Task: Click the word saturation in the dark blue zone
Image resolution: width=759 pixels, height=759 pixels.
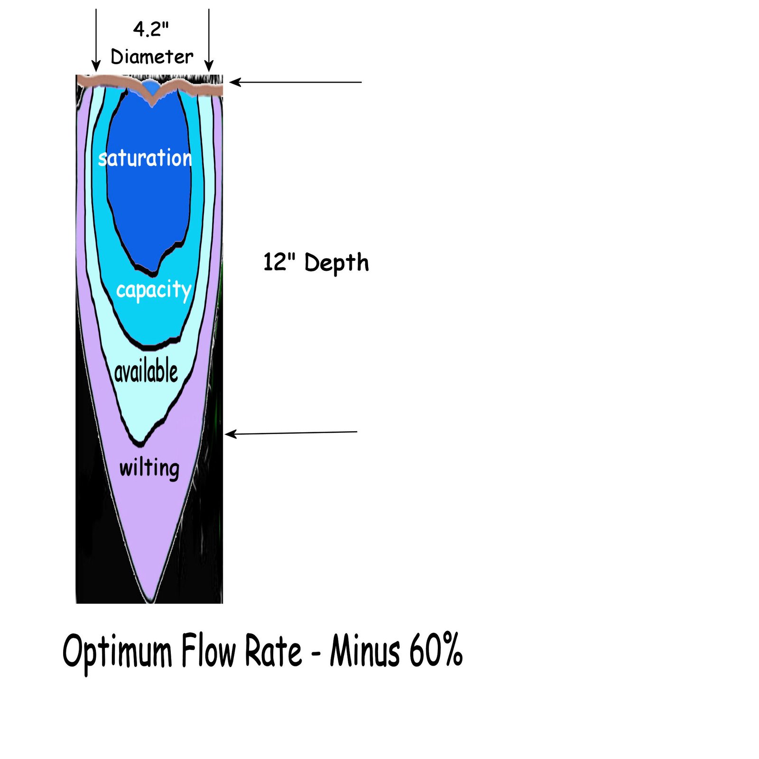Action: click(145, 158)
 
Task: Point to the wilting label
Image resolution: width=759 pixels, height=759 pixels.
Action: click(149, 469)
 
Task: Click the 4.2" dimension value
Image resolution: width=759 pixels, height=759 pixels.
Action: click(151, 29)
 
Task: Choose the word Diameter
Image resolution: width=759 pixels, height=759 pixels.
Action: click(152, 57)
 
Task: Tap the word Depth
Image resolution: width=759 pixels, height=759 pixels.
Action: click(336, 263)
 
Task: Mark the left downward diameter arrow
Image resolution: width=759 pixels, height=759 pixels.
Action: click(96, 40)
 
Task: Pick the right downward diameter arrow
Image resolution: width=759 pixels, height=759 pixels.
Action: click(209, 40)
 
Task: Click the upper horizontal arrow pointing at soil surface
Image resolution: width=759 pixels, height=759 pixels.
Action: click(296, 82)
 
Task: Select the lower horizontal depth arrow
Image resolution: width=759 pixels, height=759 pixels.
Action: click(291, 433)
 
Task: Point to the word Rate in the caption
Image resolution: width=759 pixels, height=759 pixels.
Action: click(273, 650)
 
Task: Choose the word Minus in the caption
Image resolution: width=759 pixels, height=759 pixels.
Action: click(365, 650)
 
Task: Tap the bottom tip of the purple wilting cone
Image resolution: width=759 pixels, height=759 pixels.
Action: click(150, 602)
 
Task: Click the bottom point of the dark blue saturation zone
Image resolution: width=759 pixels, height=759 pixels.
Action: click(153, 274)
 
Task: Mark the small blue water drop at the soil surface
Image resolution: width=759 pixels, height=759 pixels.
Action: click(150, 87)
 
